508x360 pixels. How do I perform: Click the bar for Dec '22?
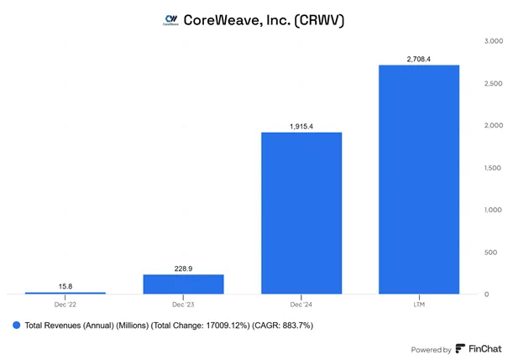[x=65, y=293]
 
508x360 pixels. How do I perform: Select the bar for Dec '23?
[x=183, y=284]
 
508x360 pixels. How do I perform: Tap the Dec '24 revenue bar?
[x=301, y=213]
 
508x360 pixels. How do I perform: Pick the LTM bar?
[x=419, y=180]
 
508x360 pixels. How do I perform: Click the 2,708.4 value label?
[x=419, y=59]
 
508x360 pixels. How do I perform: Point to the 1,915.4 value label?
[x=301, y=126]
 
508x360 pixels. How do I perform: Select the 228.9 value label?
[x=183, y=269]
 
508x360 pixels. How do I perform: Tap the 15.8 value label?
[x=65, y=286]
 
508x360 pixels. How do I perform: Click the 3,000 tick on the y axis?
[x=494, y=41]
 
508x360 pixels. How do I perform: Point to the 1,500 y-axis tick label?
[x=492, y=168]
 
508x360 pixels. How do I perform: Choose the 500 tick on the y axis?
[x=490, y=253]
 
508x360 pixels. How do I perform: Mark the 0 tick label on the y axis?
[x=487, y=295]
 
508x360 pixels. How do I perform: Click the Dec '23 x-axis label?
[x=183, y=305]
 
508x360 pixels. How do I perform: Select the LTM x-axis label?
[x=419, y=305]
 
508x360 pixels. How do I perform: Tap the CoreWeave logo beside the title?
[x=170, y=20]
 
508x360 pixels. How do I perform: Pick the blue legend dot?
[x=16, y=326]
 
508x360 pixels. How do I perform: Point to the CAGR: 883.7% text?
[x=283, y=326]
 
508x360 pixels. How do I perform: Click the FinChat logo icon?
[x=460, y=348]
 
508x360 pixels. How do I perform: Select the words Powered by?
[x=432, y=350]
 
